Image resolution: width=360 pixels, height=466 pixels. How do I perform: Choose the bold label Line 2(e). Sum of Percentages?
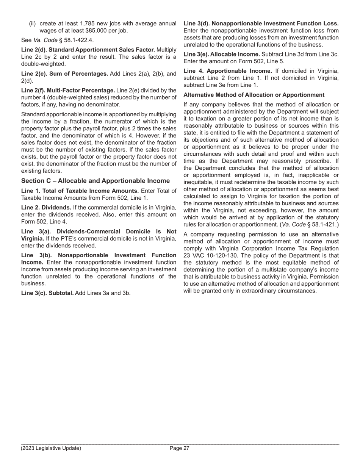click(64, 73)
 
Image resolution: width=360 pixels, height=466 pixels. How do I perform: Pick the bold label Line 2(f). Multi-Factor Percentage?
click(68, 90)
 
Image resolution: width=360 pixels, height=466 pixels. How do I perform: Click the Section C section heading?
click(95, 181)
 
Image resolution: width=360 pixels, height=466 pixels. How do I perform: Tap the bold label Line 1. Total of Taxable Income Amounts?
click(80, 191)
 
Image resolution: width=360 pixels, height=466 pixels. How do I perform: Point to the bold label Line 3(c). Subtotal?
click(47, 293)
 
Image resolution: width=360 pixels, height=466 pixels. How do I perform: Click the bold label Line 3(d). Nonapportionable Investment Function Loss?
click(261, 23)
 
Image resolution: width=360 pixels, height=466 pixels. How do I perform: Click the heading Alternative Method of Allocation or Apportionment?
click(254, 95)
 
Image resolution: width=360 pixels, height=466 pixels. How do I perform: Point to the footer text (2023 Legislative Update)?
click(51, 448)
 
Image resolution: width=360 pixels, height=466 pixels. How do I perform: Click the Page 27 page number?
click(179, 448)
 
